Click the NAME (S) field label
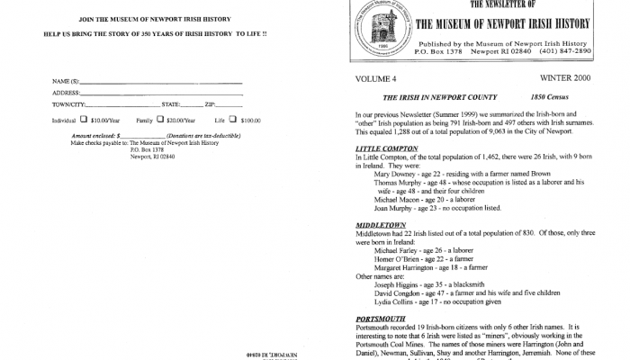(65, 83)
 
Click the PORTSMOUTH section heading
(382, 319)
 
